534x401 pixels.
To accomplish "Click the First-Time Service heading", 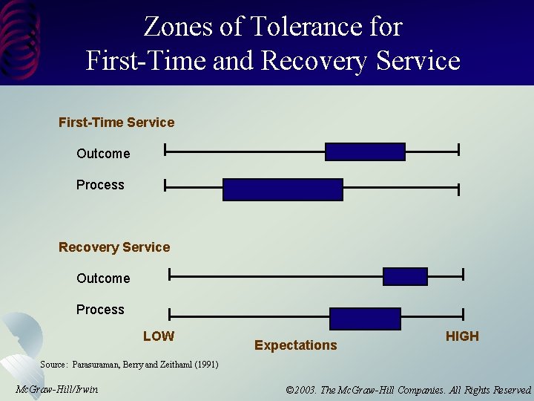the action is (x=116, y=123).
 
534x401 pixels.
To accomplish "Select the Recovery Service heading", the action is (x=114, y=247).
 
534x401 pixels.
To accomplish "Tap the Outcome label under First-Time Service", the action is (x=103, y=154).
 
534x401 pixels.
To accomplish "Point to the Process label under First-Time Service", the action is (x=100, y=185).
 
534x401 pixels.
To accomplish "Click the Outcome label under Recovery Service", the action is (x=103, y=278).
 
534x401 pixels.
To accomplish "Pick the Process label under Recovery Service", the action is (x=100, y=310).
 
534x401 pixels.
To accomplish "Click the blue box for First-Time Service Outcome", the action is (x=365, y=151).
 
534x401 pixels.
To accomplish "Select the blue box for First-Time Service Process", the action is (x=283, y=189).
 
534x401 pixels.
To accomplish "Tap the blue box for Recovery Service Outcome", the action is (x=405, y=276).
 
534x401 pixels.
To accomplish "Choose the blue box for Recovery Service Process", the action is (x=365, y=319).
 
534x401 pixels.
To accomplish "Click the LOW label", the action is (x=159, y=336).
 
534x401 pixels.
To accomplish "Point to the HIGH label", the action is (x=462, y=336).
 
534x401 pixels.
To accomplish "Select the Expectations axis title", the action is (x=295, y=345).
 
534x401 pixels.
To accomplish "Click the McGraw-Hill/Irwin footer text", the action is (x=56, y=389).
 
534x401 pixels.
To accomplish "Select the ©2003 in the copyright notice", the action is (x=300, y=390).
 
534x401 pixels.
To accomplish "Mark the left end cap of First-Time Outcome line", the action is (x=165, y=151).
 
